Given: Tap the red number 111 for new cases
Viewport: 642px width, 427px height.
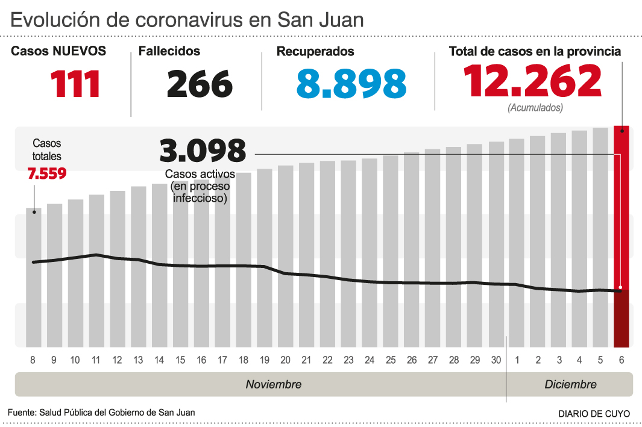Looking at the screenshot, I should click(75, 84).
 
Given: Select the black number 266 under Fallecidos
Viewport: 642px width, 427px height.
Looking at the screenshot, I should click(200, 84).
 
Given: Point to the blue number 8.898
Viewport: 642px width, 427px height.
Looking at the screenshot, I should click(351, 84).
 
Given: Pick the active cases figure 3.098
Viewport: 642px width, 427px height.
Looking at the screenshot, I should click(203, 151).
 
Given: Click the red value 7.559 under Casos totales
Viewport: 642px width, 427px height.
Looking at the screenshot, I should click(47, 173).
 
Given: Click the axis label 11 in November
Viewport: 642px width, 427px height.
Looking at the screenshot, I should click(96, 360).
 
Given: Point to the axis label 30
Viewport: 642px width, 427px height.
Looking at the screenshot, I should click(496, 360).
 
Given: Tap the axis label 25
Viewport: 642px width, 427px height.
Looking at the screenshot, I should click(391, 360).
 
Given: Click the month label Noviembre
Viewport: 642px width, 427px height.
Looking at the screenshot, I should click(273, 384).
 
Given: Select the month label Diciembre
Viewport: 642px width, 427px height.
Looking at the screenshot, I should click(570, 384).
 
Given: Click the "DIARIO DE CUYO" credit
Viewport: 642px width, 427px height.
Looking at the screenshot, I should click(594, 414).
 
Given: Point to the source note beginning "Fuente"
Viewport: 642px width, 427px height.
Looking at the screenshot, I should click(101, 413).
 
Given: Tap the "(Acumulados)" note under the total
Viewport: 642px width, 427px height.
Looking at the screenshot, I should click(535, 108).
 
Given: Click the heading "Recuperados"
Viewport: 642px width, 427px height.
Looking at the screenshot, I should click(315, 52).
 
